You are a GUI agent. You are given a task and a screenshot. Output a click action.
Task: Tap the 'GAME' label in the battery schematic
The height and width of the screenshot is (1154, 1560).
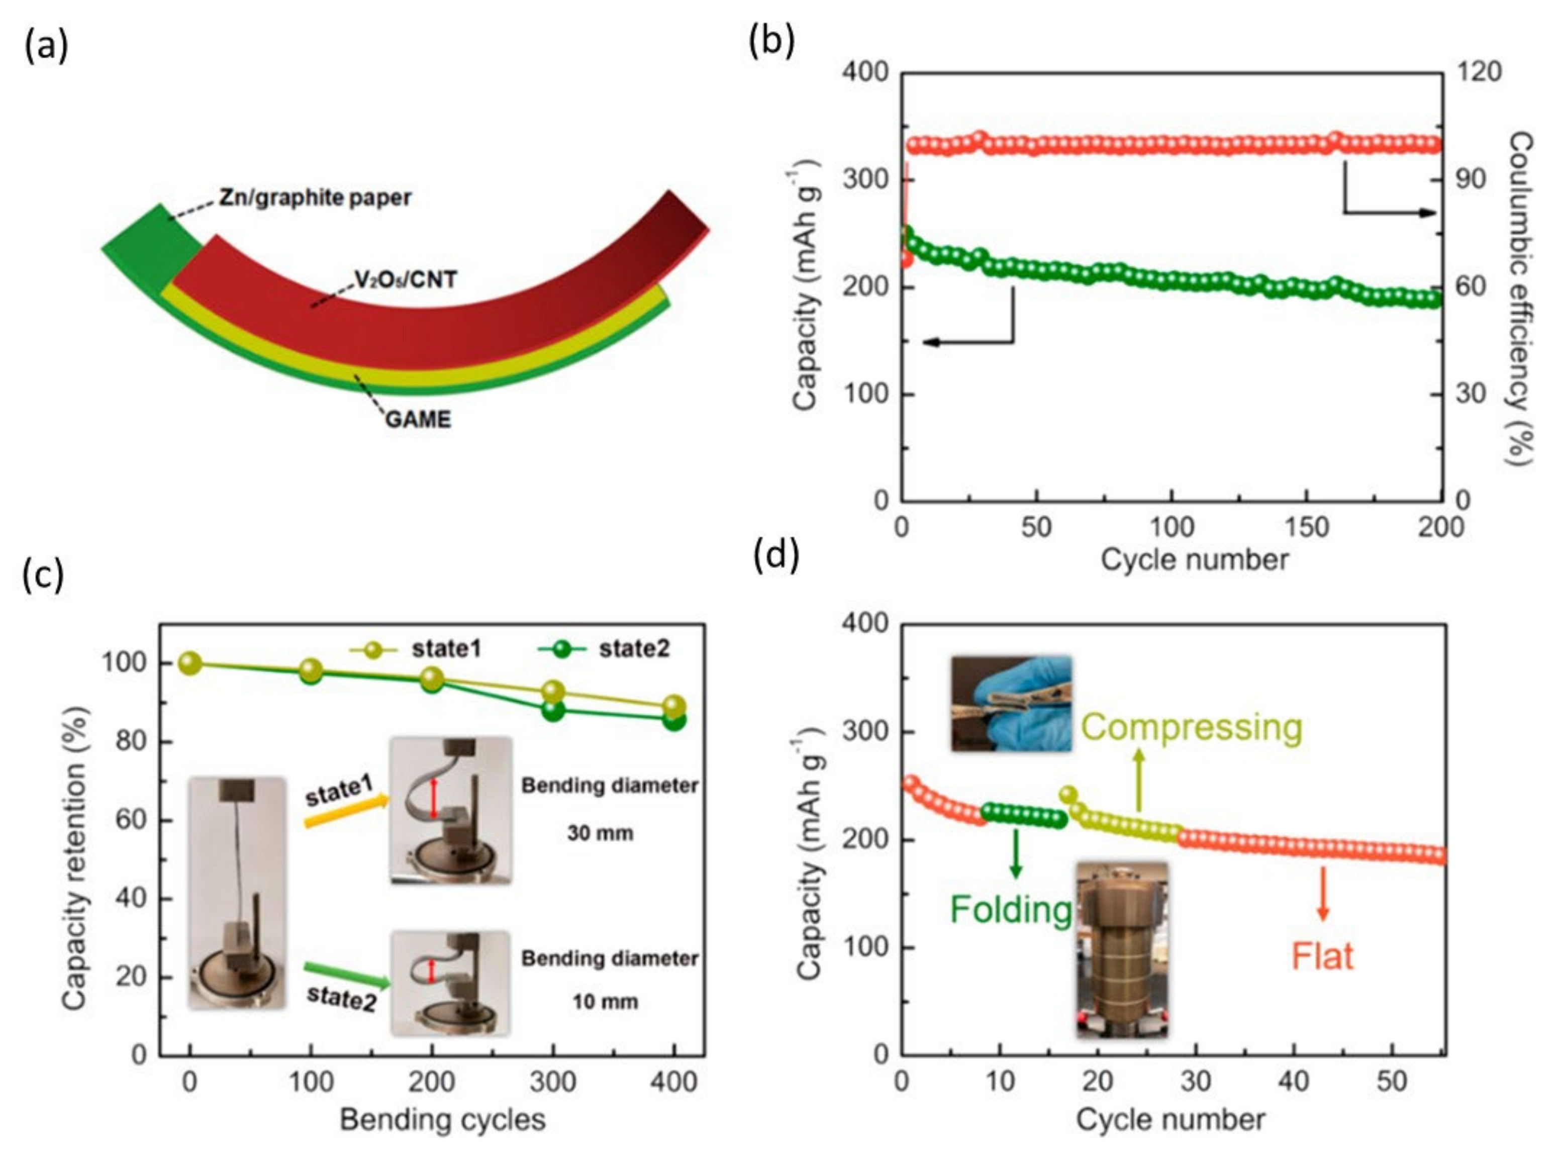coord(418,419)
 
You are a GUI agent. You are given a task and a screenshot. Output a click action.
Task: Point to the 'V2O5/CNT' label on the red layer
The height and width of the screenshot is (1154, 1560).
coord(406,280)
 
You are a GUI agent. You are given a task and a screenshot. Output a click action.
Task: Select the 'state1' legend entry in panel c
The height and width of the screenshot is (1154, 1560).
coord(445,649)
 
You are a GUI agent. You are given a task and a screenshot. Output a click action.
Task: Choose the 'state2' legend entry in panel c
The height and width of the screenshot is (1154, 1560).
coord(633,649)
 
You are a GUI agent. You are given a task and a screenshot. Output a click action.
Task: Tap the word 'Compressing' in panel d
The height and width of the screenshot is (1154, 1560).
coord(1191,727)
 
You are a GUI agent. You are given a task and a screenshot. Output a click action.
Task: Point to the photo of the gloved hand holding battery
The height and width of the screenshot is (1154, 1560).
coord(1011,704)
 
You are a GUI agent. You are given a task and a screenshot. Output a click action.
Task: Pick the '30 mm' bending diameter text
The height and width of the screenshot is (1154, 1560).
coord(600,833)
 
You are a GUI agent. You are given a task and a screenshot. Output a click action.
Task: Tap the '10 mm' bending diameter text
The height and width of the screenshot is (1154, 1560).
coord(605,1002)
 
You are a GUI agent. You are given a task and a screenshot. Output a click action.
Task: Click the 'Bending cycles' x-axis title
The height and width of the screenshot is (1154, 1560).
coord(442,1119)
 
